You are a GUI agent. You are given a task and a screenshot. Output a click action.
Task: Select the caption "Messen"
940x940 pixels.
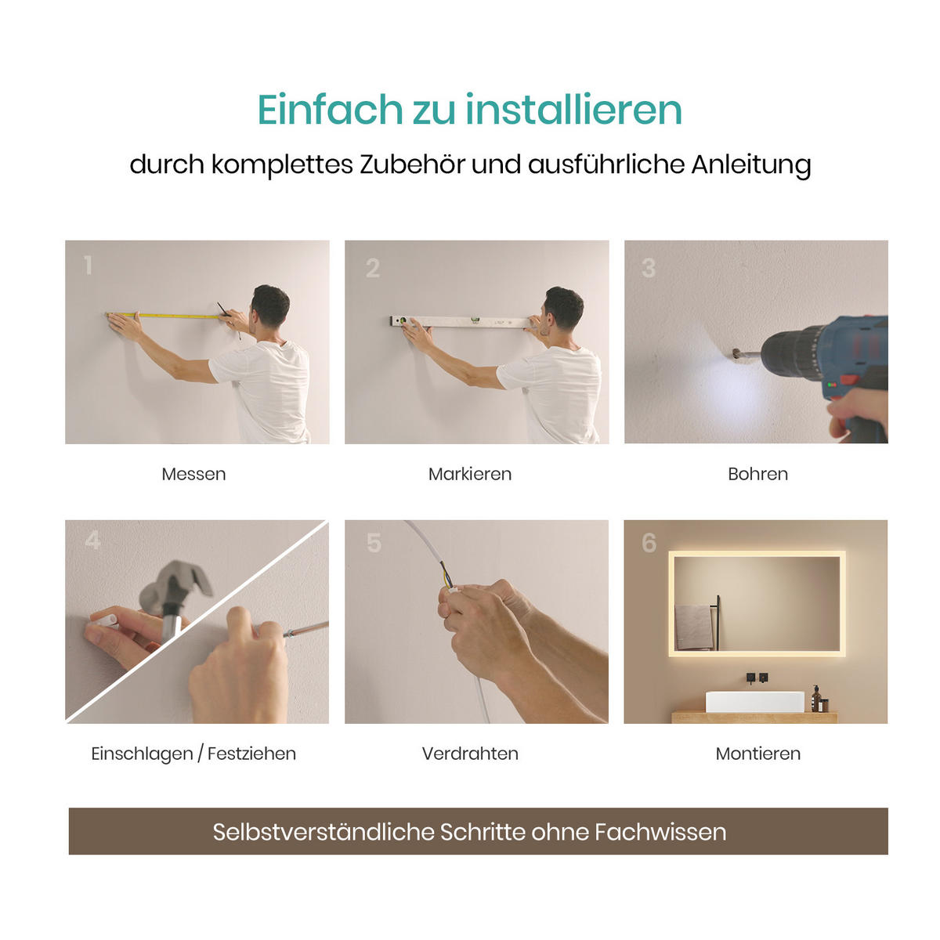(x=193, y=474)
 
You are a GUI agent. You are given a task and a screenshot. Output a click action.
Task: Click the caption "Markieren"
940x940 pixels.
(x=470, y=474)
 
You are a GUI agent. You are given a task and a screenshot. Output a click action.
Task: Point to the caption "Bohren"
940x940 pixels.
(x=757, y=474)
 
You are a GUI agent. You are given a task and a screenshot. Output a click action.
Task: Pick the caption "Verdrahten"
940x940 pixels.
(x=470, y=754)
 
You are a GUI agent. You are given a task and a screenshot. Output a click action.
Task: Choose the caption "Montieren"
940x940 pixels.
(x=757, y=754)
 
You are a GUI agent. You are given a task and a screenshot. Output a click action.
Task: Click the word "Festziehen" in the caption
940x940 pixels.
(x=251, y=754)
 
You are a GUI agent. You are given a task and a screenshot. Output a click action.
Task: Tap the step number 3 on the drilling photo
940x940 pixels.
(x=649, y=269)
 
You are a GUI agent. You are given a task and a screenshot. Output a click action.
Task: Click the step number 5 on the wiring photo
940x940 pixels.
(x=374, y=543)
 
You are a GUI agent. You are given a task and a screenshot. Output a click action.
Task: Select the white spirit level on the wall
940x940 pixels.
(x=462, y=322)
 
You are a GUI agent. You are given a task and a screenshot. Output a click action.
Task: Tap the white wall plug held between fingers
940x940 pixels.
(x=104, y=620)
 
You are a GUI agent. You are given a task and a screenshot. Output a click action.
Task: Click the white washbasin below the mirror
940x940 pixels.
(x=754, y=701)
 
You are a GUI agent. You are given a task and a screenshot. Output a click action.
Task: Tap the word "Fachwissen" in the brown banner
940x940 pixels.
(x=660, y=832)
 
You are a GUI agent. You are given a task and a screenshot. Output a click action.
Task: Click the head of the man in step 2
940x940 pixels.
(x=563, y=307)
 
